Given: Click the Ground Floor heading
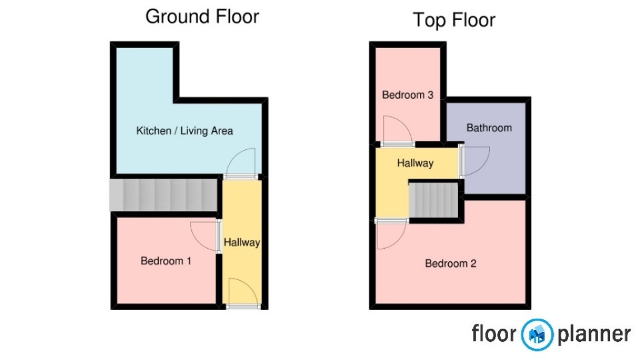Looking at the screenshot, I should pos(202,16).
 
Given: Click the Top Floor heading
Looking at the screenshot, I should pos(454,19).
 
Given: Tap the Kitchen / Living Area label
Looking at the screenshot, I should pos(184,131).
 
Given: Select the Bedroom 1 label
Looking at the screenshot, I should pos(166,261).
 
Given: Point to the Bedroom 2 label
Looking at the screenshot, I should pos(451,263).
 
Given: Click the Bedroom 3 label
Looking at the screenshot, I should pos(407,95).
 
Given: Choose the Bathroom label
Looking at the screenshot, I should pos(489,127).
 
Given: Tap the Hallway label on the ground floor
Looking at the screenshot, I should pos(241,242).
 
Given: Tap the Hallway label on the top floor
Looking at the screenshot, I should pos(415,163).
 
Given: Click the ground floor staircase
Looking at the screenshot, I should pos(164,194).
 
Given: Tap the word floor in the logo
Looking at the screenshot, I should pos(494,333).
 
